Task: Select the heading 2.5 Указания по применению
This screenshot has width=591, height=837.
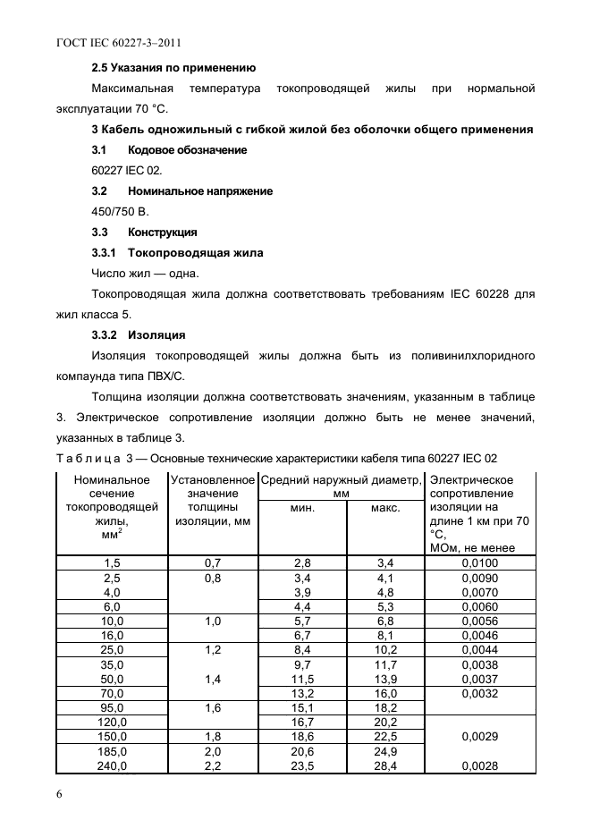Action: point(173,67)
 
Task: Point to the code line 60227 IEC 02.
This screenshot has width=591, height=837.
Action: point(127,170)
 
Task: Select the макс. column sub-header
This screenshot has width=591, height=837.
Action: point(385,507)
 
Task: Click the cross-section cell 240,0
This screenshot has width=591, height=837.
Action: point(112,765)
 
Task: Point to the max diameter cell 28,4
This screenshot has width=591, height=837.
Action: point(385,765)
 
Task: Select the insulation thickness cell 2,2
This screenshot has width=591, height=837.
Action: point(212,765)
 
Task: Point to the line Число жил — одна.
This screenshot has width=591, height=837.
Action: point(146,273)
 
